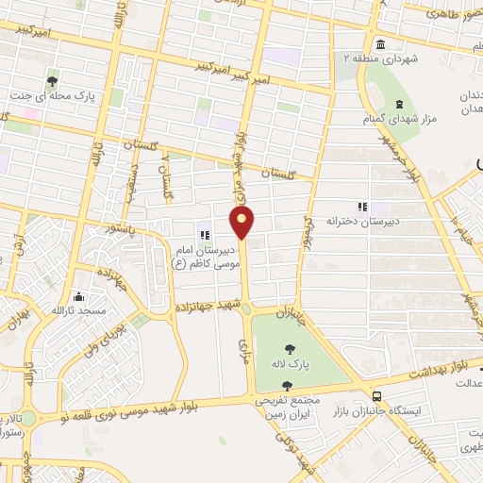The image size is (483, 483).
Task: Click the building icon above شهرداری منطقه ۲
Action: [379, 43]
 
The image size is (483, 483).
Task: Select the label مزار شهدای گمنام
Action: [396, 119]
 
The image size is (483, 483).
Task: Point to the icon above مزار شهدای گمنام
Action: [398, 103]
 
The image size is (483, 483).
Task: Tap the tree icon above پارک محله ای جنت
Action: [52, 81]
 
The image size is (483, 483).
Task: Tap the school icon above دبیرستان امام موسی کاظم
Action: [204, 233]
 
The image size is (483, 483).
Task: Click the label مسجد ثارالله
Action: [77, 309]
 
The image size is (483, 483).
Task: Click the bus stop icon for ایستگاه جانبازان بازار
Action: [377, 397]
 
